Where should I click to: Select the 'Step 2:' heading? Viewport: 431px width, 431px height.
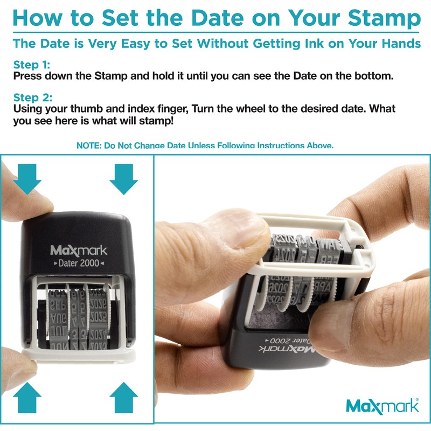pos(33,98)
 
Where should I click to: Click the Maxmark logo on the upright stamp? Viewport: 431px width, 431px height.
pos(79,251)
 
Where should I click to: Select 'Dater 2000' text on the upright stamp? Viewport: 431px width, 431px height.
pos(79,263)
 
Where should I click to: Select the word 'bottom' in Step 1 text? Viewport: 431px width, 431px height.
pos(374,76)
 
